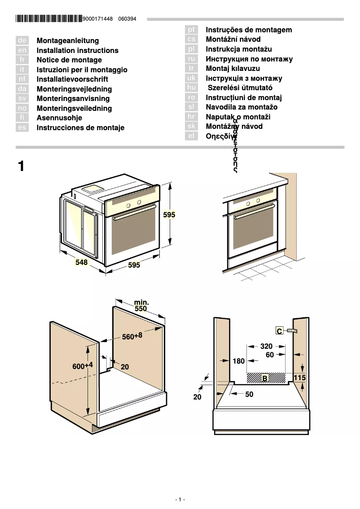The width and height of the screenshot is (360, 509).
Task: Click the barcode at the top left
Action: (49, 19)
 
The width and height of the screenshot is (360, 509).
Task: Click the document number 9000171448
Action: (98, 19)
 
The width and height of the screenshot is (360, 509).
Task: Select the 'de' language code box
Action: (22, 41)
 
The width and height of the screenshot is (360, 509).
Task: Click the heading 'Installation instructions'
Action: (77, 51)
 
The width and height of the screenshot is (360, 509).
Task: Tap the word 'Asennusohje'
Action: (59, 118)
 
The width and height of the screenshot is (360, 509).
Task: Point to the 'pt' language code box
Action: (192, 30)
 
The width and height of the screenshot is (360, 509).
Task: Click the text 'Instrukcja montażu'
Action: (239, 49)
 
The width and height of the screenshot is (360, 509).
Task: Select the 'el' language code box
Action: (192, 136)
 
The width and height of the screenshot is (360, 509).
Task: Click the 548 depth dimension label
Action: (81, 262)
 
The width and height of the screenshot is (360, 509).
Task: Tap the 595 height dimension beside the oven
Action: (169, 215)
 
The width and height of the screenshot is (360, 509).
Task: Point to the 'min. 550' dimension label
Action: (141, 306)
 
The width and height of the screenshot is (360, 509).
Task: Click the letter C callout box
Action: (279, 331)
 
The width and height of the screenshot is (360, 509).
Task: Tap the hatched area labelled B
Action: (267, 378)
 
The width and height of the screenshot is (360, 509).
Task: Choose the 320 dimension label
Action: (266, 346)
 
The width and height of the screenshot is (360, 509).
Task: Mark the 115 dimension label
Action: (299, 378)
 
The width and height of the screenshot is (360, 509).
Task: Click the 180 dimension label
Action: (239, 361)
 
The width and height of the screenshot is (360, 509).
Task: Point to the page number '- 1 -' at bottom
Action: (180, 500)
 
